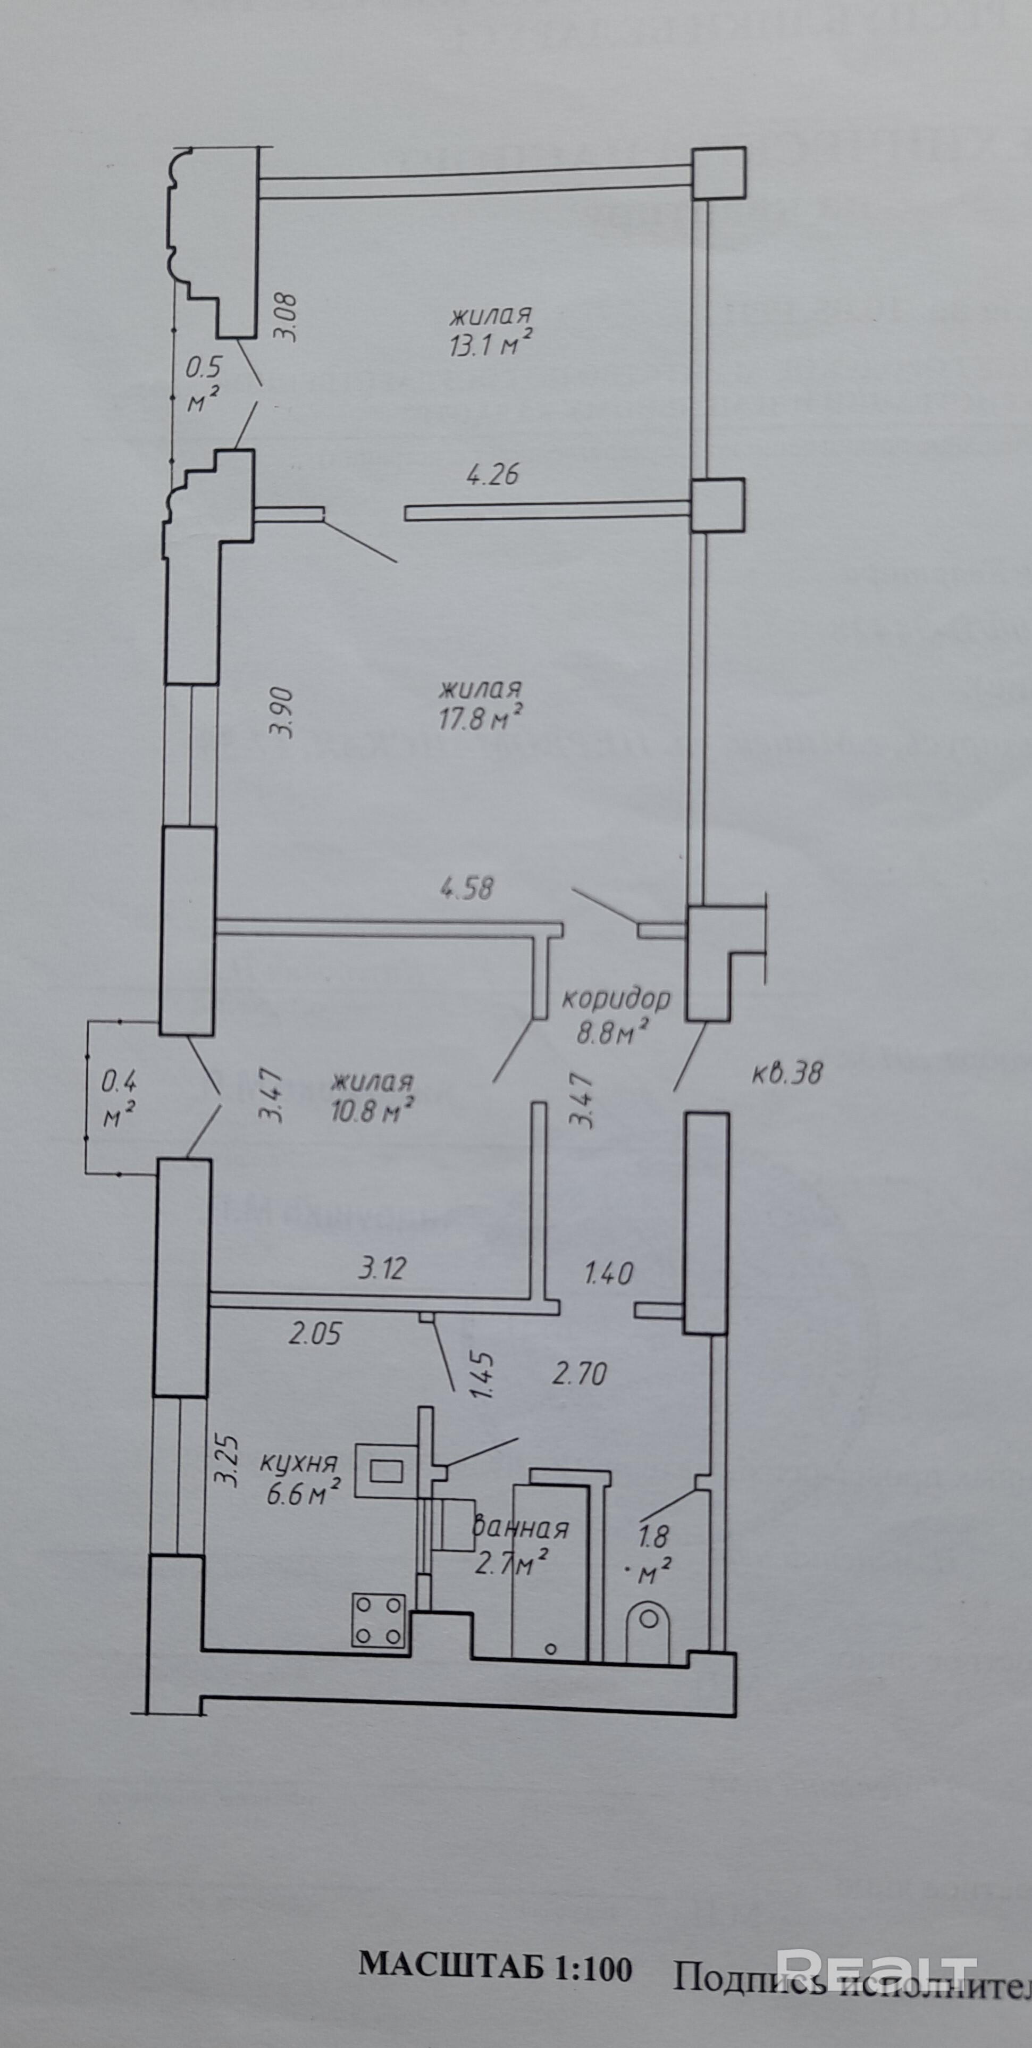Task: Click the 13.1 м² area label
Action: pyautogui.click(x=490, y=345)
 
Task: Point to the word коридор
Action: pyautogui.click(x=616, y=998)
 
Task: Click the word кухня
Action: pyautogui.click(x=300, y=1464)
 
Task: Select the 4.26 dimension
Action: pyautogui.click(x=492, y=475)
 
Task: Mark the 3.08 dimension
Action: pyautogui.click(x=284, y=318)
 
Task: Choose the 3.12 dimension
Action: pyautogui.click(x=382, y=1268)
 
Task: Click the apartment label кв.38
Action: pyautogui.click(x=786, y=1073)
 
